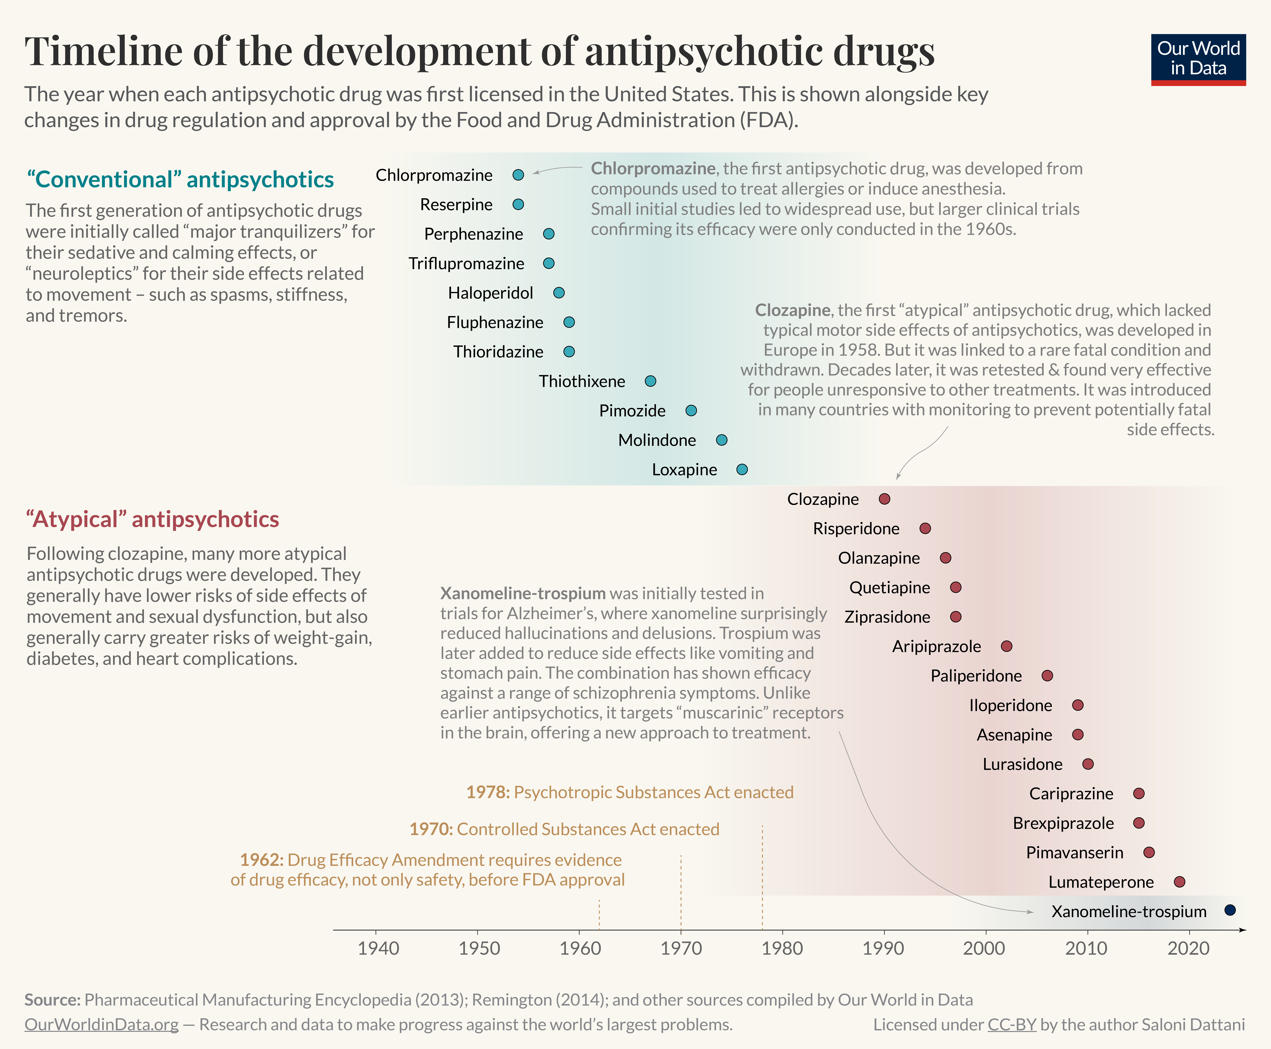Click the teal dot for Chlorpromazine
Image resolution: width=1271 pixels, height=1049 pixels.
(518, 175)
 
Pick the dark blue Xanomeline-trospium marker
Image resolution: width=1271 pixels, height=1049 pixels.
(1230, 910)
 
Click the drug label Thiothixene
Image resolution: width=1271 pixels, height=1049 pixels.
(582, 381)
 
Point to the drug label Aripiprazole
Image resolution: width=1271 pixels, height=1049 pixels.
(936, 647)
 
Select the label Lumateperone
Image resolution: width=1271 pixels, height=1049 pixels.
(1101, 882)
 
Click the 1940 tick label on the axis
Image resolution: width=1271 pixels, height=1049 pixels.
(378, 948)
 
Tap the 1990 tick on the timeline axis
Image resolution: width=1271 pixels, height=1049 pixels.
(883, 948)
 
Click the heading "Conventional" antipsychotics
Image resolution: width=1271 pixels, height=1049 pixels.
(180, 179)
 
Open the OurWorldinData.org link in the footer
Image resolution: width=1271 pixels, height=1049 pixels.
(102, 1025)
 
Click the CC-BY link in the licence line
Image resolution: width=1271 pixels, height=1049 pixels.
(1012, 1025)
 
